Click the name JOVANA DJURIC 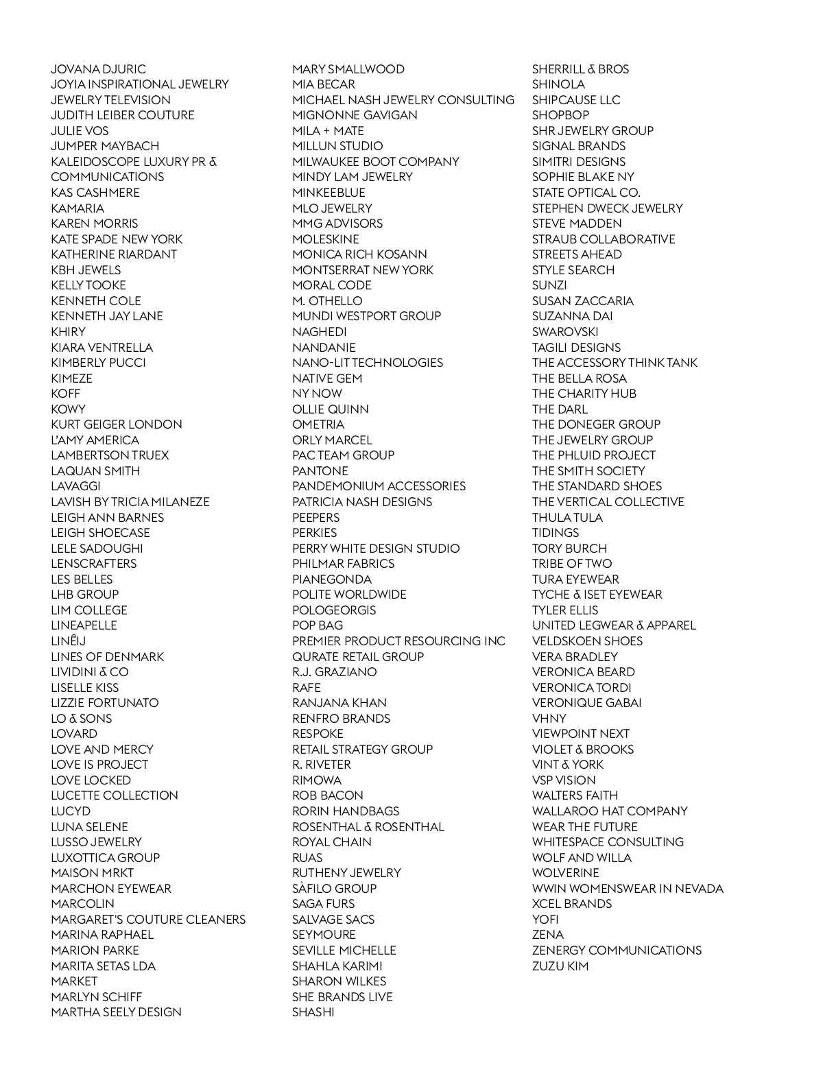98,69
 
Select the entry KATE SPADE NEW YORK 117,239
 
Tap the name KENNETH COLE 96,301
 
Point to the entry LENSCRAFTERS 93,564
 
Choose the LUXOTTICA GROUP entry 105,858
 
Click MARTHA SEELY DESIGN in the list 116,1012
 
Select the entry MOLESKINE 326,239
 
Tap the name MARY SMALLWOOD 348,69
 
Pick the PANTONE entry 320,471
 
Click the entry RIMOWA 317,780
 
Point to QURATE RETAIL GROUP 358,657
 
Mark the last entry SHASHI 313,1012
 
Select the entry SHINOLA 559,84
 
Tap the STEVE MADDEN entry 577,224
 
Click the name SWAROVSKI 565,332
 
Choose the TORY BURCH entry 569,549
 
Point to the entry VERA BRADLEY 575,657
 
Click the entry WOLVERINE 566,873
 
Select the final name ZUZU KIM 560,966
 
